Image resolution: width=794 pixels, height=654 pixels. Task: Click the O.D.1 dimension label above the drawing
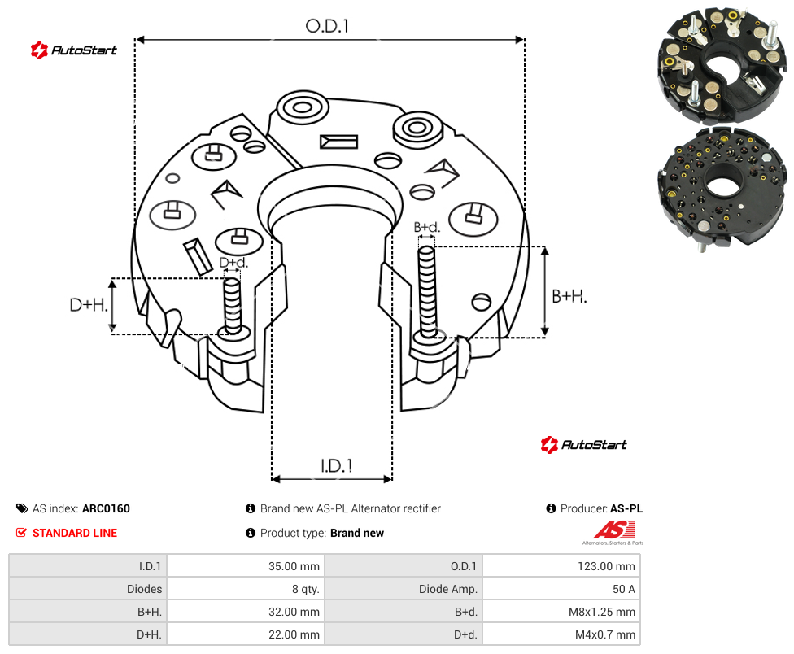pyautogui.click(x=327, y=26)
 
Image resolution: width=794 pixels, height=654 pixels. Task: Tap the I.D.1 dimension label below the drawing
pyautogui.click(x=337, y=466)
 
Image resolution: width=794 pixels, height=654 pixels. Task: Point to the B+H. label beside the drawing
pyautogui.click(x=569, y=296)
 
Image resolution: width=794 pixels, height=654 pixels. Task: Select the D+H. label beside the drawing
pyautogui.click(x=89, y=305)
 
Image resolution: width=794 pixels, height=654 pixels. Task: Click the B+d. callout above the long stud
pyautogui.click(x=427, y=227)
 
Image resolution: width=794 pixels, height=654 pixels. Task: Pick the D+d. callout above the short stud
pyautogui.click(x=233, y=263)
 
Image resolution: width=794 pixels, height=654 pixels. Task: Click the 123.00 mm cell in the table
pyautogui.click(x=606, y=566)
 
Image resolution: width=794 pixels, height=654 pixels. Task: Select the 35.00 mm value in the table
pyautogui.click(x=294, y=566)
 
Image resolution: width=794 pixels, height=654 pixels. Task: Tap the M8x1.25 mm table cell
pyautogui.click(x=601, y=612)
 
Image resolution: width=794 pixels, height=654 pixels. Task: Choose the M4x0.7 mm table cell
pyautogui.click(x=605, y=634)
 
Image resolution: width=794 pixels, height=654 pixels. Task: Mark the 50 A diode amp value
pyautogui.click(x=624, y=589)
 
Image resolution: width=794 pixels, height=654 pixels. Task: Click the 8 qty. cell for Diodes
pyautogui.click(x=305, y=589)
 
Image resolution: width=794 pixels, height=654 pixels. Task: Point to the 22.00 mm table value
pyautogui.click(x=294, y=634)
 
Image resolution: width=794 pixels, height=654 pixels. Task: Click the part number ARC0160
pyautogui.click(x=106, y=508)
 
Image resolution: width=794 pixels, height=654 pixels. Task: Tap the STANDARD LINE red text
pyautogui.click(x=75, y=533)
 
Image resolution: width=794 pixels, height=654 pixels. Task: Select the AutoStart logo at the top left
pyautogui.click(x=73, y=50)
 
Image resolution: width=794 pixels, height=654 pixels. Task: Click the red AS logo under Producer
pyautogui.click(x=613, y=533)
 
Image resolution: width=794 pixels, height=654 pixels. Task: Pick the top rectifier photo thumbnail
pyautogui.click(x=722, y=64)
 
